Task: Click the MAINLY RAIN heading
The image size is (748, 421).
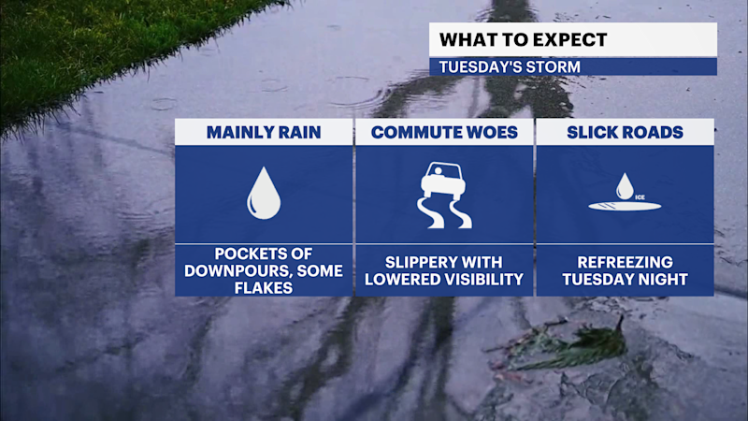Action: (x=263, y=132)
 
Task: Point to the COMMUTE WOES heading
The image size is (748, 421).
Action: (x=444, y=132)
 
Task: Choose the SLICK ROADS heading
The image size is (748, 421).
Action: (x=625, y=132)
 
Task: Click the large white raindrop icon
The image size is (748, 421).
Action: (x=263, y=193)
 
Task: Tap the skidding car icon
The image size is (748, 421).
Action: (x=445, y=195)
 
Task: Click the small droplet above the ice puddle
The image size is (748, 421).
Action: (x=625, y=185)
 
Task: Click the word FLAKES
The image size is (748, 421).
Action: (x=263, y=288)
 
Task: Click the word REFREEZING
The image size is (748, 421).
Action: (x=625, y=263)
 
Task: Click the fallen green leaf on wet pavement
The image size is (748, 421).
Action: (x=570, y=346)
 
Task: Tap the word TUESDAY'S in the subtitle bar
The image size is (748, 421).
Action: (x=482, y=67)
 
